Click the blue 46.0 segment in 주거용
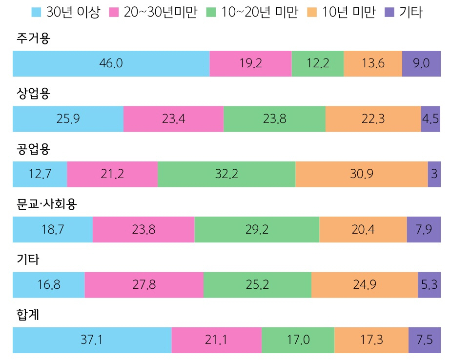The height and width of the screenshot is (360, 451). point(111,63)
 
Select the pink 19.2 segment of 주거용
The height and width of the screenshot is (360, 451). point(250,63)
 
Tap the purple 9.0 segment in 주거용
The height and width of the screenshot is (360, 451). point(421,63)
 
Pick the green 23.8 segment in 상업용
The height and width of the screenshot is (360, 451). point(274,119)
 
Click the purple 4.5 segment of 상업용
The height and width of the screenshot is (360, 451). point(430,119)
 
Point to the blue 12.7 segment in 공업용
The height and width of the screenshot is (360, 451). point(40,174)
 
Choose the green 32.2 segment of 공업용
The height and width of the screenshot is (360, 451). point(226,174)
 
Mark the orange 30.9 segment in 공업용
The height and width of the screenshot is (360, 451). point(361,174)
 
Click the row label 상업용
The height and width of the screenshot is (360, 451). point(33,93)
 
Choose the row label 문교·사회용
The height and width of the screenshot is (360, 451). point(46,204)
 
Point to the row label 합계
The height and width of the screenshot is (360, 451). point(27,315)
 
